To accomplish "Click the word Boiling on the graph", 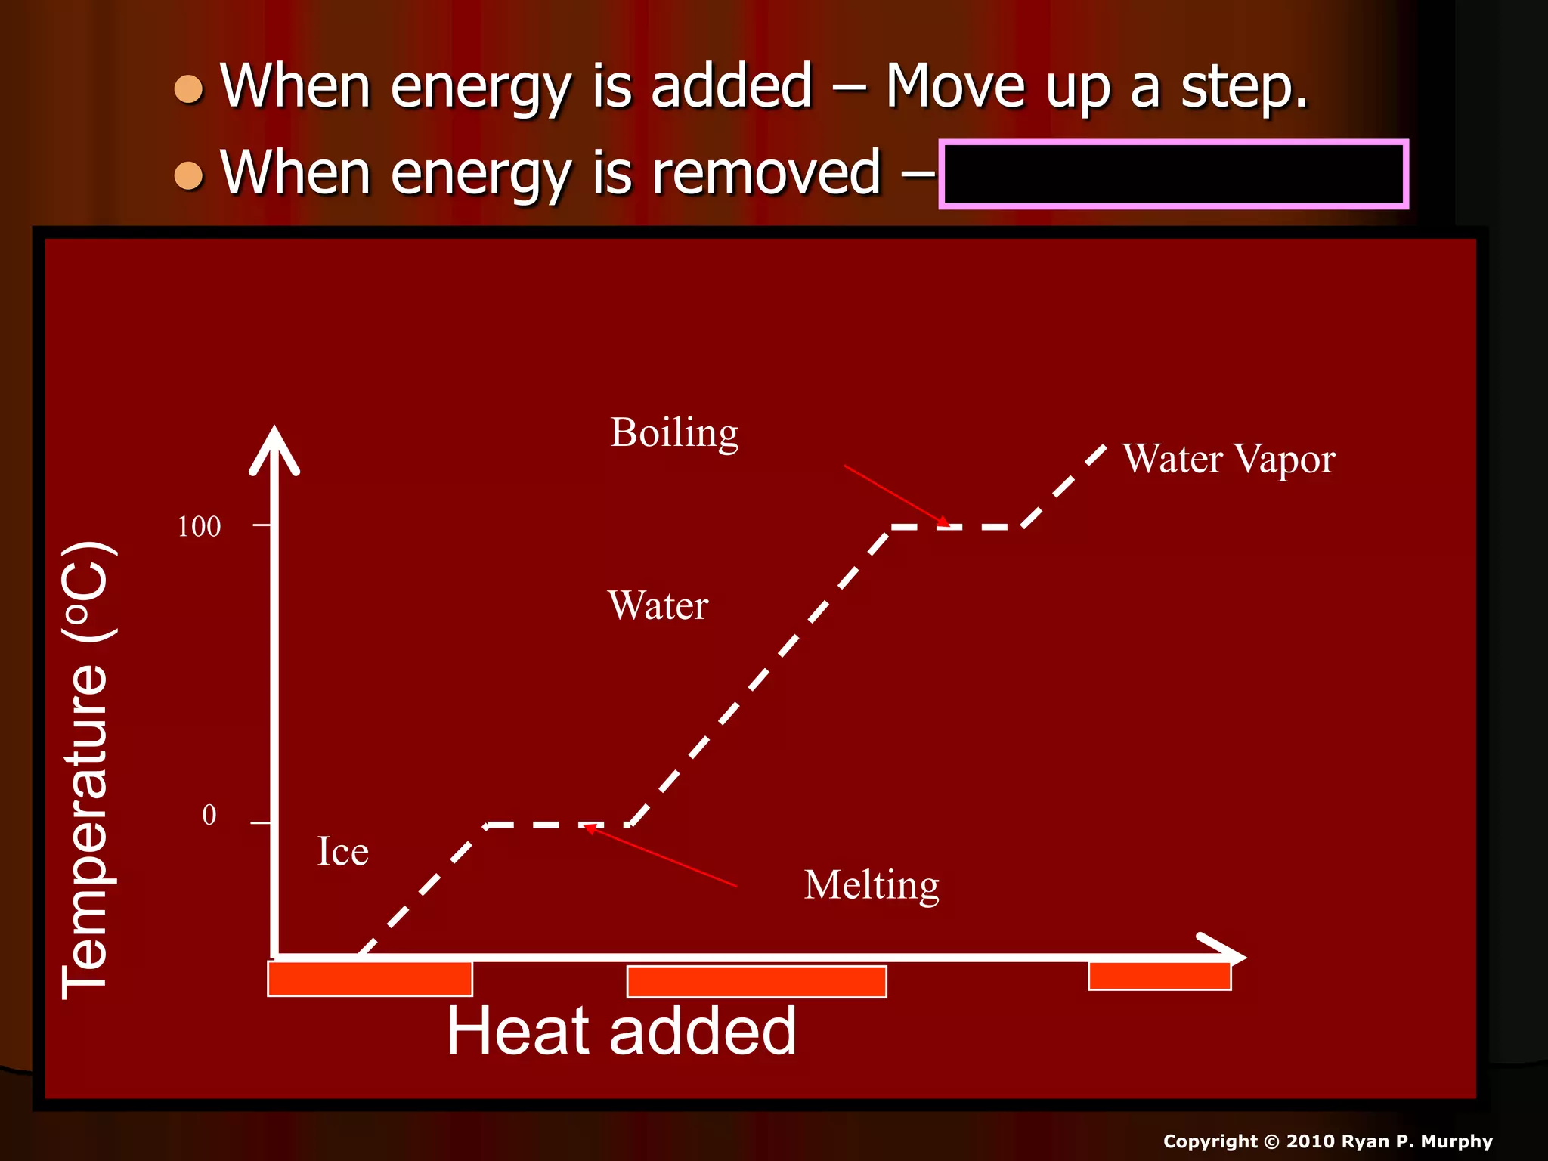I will click(x=673, y=433).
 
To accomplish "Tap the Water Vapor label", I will click(x=1228, y=459).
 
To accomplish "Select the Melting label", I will click(x=871, y=884).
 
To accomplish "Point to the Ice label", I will click(x=342, y=852).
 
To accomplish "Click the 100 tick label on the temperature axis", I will click(x=199, y=527).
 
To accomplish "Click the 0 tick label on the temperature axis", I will click(x=209, y=815).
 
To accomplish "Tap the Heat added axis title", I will click(x=621, y=1030).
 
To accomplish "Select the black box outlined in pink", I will click(x=1173, y=174).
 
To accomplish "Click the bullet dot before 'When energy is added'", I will click(x=188, y=89).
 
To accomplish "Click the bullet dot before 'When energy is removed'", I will click(x=188, y=176).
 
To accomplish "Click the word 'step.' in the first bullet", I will click(x=1243, y=86).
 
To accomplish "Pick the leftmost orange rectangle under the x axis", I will click(x=370, y=979).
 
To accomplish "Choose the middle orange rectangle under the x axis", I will click(x=756, y=981).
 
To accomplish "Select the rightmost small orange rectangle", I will click(x=1159, y=975).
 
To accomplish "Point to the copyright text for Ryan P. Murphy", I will click(x=1327, y=1141).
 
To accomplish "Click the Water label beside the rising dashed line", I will click(x=658, y=605).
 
